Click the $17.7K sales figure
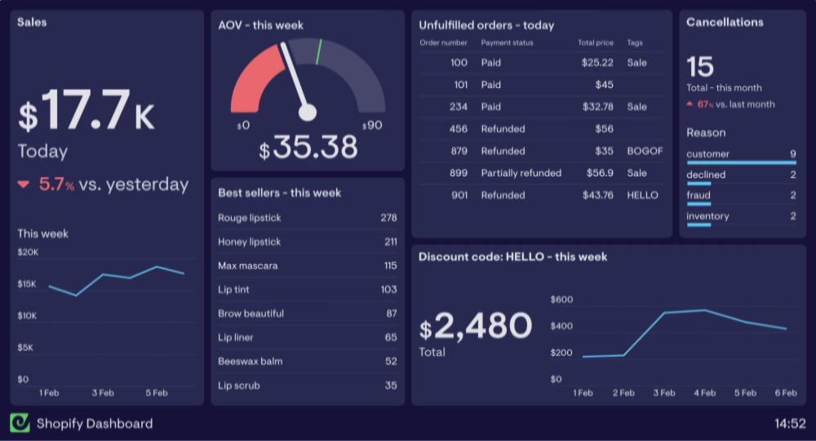coord(86,111)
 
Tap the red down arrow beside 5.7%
coord(24,185)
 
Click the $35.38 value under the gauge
coord(308,148)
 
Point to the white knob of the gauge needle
coord(307,113)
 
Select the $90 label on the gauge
coord(372,126)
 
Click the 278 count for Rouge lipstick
coord(388,217)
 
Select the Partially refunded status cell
coord(521,173)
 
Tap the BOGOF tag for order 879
coord(645,151)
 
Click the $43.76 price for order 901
coord(597,195)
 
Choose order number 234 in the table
coord(459,107)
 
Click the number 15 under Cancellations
coord(700,66)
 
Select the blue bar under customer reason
coord(741,163)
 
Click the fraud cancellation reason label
coord(698,195)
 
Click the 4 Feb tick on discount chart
coord(704,393)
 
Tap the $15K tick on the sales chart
coord(27,284)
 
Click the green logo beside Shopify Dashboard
coord(20,423)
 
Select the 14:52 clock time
coord(790,423)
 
